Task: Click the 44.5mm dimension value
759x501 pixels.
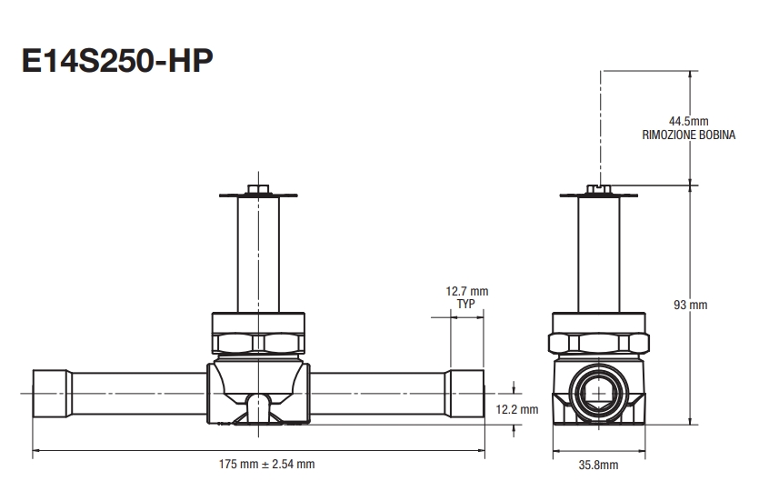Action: [x=687, y=121]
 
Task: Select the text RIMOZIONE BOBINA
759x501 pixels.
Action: [x=688, y=135]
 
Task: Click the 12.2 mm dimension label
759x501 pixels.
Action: [x=518, y=409]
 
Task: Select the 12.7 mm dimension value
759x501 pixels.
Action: [x=467, y=291]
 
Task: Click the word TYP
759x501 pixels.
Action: [x=467, y=304]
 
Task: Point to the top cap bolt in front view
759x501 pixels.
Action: [x=260, y=189]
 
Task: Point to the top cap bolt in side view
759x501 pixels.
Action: [x=599, y=189]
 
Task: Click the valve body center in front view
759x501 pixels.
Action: [x=260, y=382]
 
